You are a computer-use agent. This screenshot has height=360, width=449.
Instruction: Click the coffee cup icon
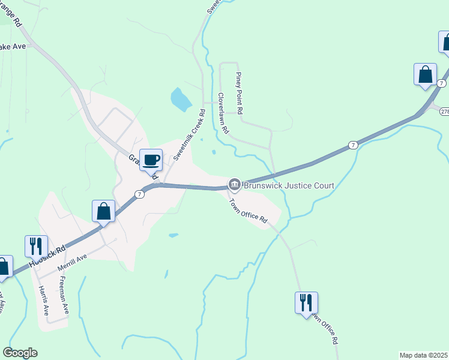151,160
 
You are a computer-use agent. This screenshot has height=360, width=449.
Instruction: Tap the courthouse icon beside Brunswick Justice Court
234,184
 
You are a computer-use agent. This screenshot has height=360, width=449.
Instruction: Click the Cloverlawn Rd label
223,113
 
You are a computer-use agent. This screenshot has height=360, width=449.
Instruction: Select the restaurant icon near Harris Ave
36,246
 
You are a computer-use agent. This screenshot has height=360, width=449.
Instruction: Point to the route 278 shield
444,112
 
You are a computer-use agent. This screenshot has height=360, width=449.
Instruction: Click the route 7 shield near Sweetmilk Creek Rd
139,194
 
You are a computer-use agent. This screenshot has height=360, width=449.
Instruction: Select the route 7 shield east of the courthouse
353,145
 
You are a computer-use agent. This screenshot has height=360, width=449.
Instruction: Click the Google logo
20,353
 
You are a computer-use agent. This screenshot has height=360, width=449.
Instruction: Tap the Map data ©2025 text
423,355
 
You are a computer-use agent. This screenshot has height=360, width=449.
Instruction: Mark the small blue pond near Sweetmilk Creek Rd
181,99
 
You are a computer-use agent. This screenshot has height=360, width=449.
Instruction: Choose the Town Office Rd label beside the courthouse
248,212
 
